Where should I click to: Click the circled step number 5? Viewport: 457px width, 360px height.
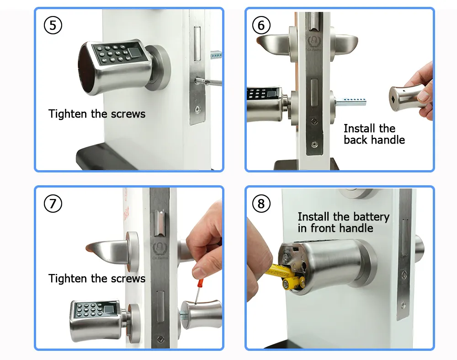coord(53,25)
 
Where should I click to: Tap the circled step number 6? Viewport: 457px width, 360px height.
coord(261,25)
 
